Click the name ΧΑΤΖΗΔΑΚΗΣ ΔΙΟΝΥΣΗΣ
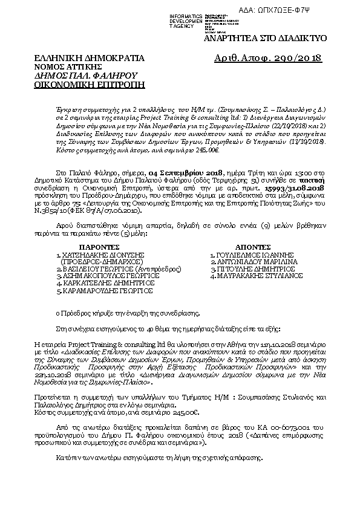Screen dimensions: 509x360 (106, 256)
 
